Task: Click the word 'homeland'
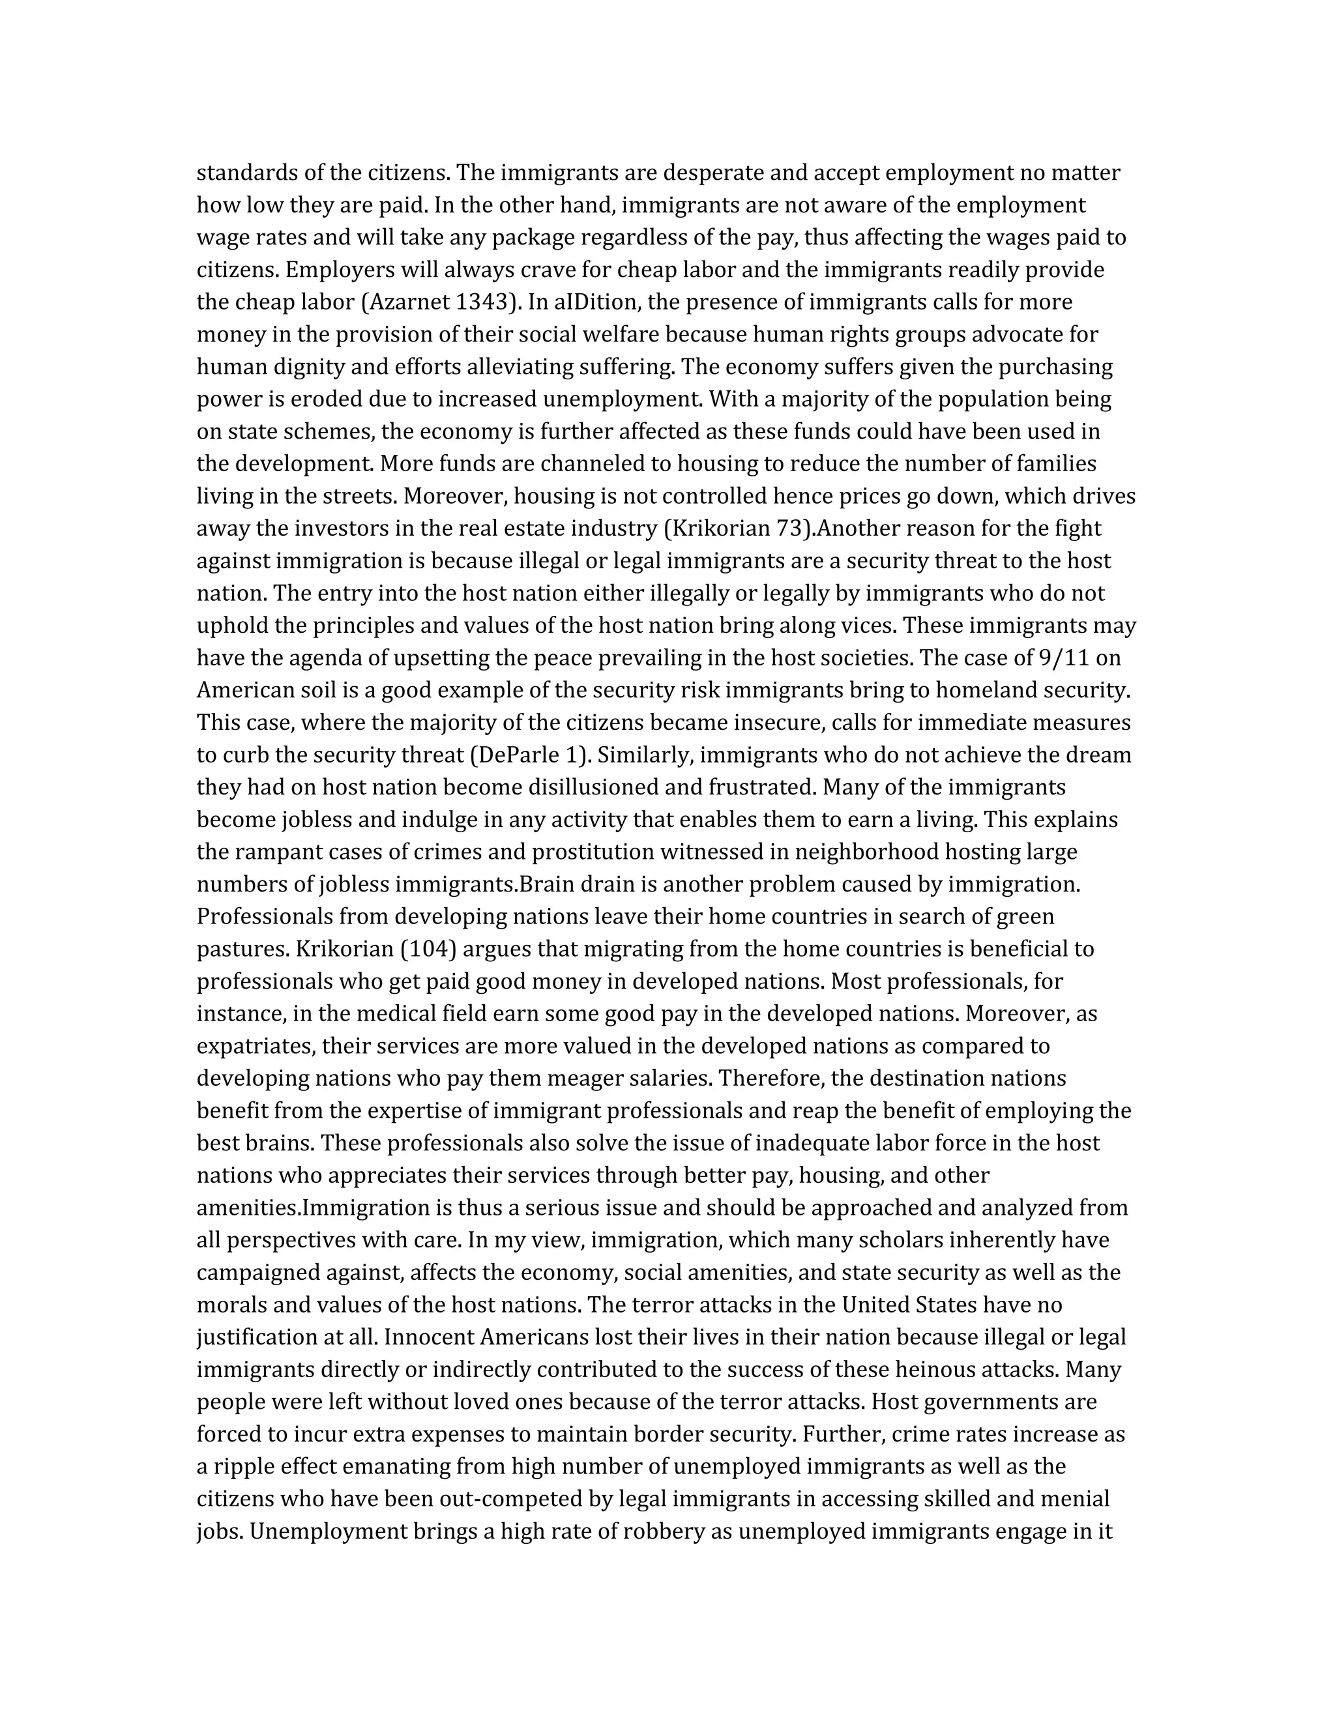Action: click(x=985, y=690)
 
